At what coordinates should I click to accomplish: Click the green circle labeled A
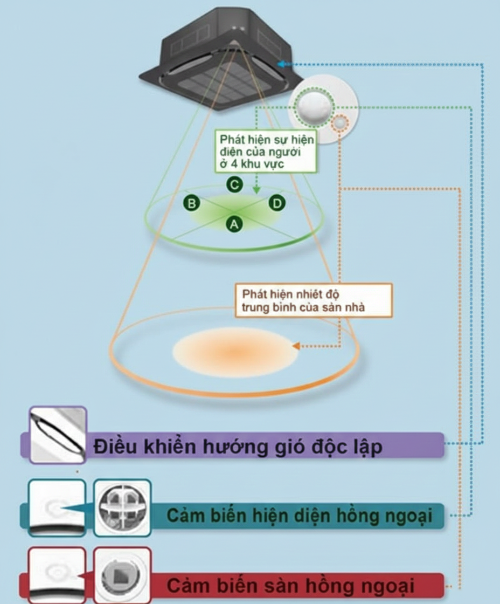coord(234,223)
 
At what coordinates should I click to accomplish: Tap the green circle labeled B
coord(191,203)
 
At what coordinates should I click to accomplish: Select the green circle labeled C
coord(233,184)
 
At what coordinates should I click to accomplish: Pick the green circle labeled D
coord(276,203)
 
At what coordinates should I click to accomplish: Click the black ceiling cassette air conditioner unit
coord(221,59)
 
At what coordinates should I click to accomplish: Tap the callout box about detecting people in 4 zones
coord(266,151)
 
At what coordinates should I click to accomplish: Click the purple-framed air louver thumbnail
coord(58,435)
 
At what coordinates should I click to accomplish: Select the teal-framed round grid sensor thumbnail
coord(122,507)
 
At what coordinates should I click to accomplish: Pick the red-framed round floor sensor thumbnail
coord(122,575)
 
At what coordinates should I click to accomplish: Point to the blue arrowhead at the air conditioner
coord(281,64)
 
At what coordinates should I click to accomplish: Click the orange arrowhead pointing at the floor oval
coord(295,346)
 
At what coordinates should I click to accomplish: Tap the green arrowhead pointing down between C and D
coord(256,190)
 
